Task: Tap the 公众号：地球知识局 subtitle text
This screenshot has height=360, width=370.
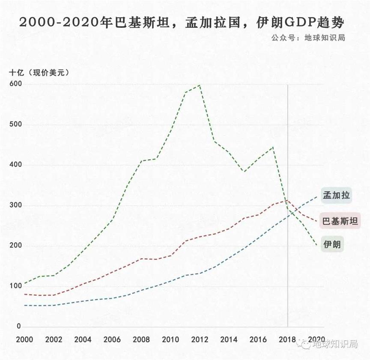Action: [x=308, y=38]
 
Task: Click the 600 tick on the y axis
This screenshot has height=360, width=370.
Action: [x=15, y=84]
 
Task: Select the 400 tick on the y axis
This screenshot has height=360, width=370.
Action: [x=15, y=165]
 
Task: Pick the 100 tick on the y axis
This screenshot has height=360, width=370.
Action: [x=15, y=286]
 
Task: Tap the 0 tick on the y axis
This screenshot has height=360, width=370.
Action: [x=18, y=326]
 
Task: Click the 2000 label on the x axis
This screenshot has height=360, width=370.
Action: [x=24, y=339]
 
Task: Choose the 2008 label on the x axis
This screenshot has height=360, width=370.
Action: [x=141, y=339]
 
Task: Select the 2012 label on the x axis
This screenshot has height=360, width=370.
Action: [x=200, y=339]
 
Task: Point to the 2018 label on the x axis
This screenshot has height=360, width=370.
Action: [x=288, y=339]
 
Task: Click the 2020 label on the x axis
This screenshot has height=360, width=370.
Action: [x=316, y=339]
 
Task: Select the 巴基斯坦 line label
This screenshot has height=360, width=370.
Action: [x=340, y=221]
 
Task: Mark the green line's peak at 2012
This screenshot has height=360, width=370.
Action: [x=200, y=85]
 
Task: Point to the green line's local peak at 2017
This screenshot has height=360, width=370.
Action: [x=273, y=147]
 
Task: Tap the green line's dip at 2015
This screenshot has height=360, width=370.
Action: [x=244, y=171]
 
